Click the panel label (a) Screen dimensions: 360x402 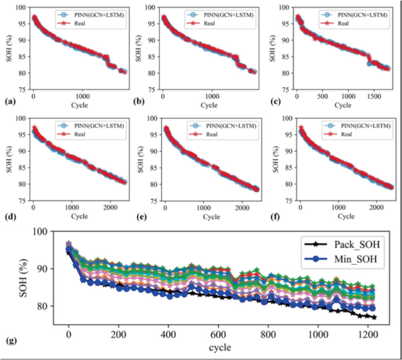tap(8, 102)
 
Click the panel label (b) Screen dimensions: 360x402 tap(140, 102)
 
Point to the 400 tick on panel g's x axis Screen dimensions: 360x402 tap(168, 333)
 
